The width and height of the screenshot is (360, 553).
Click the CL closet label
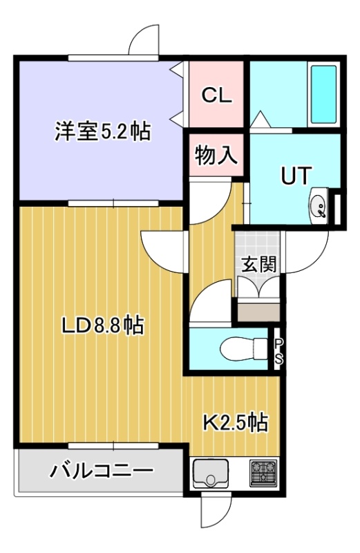coord(216,95)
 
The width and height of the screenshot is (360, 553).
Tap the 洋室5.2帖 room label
coord(102,131)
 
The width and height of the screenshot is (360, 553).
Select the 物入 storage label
coord(216,155)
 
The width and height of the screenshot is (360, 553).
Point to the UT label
coord(296,176)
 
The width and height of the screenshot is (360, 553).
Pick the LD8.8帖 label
coord(102,325)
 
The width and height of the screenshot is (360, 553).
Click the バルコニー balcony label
coord(102,471)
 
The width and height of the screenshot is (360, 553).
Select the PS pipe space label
coord(278,350)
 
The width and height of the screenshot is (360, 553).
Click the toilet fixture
coord(244,348)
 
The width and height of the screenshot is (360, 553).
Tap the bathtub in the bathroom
coord(323,95)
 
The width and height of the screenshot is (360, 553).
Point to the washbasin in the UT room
coord(319,206)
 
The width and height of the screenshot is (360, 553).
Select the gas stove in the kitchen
coord(263,473)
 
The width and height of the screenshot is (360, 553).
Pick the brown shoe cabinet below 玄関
coord(258,311)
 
